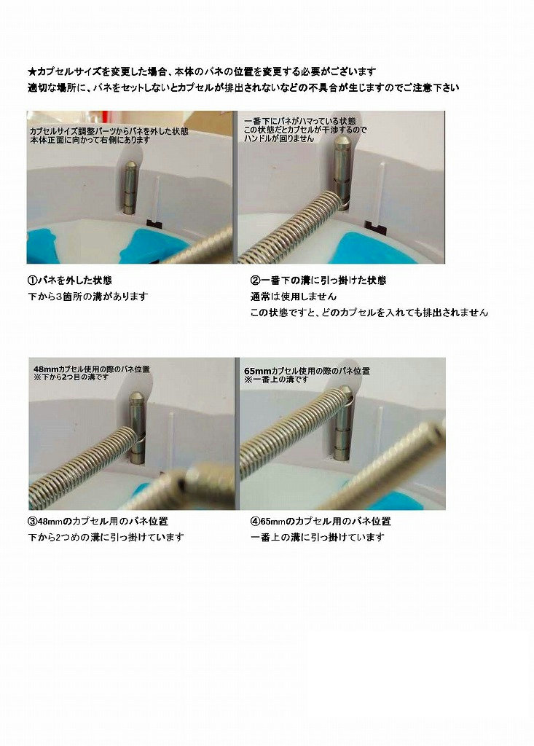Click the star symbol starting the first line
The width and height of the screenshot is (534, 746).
[31, 72]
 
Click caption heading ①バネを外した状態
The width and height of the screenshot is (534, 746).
[69, 280]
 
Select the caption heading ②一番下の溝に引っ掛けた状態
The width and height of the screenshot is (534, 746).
[318, 280]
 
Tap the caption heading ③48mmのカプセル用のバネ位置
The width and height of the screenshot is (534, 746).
[97, 522]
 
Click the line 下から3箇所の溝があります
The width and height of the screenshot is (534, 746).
[87, 297]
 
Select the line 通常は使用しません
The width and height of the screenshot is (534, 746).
[294, 297]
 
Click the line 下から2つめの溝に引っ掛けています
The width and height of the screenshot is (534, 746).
[105, 538]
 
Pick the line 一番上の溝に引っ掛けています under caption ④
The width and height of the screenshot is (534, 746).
[317, 538]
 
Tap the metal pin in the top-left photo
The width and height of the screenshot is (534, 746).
[129, 188]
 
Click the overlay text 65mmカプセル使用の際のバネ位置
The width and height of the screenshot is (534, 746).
[307, 371]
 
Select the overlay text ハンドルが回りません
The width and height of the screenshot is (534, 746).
[279, 138]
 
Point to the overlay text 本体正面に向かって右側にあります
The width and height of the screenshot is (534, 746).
[90, 140]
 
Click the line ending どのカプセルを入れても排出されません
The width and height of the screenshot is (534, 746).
[369, 313]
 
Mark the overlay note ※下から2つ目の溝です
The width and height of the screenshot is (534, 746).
[71, 379]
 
